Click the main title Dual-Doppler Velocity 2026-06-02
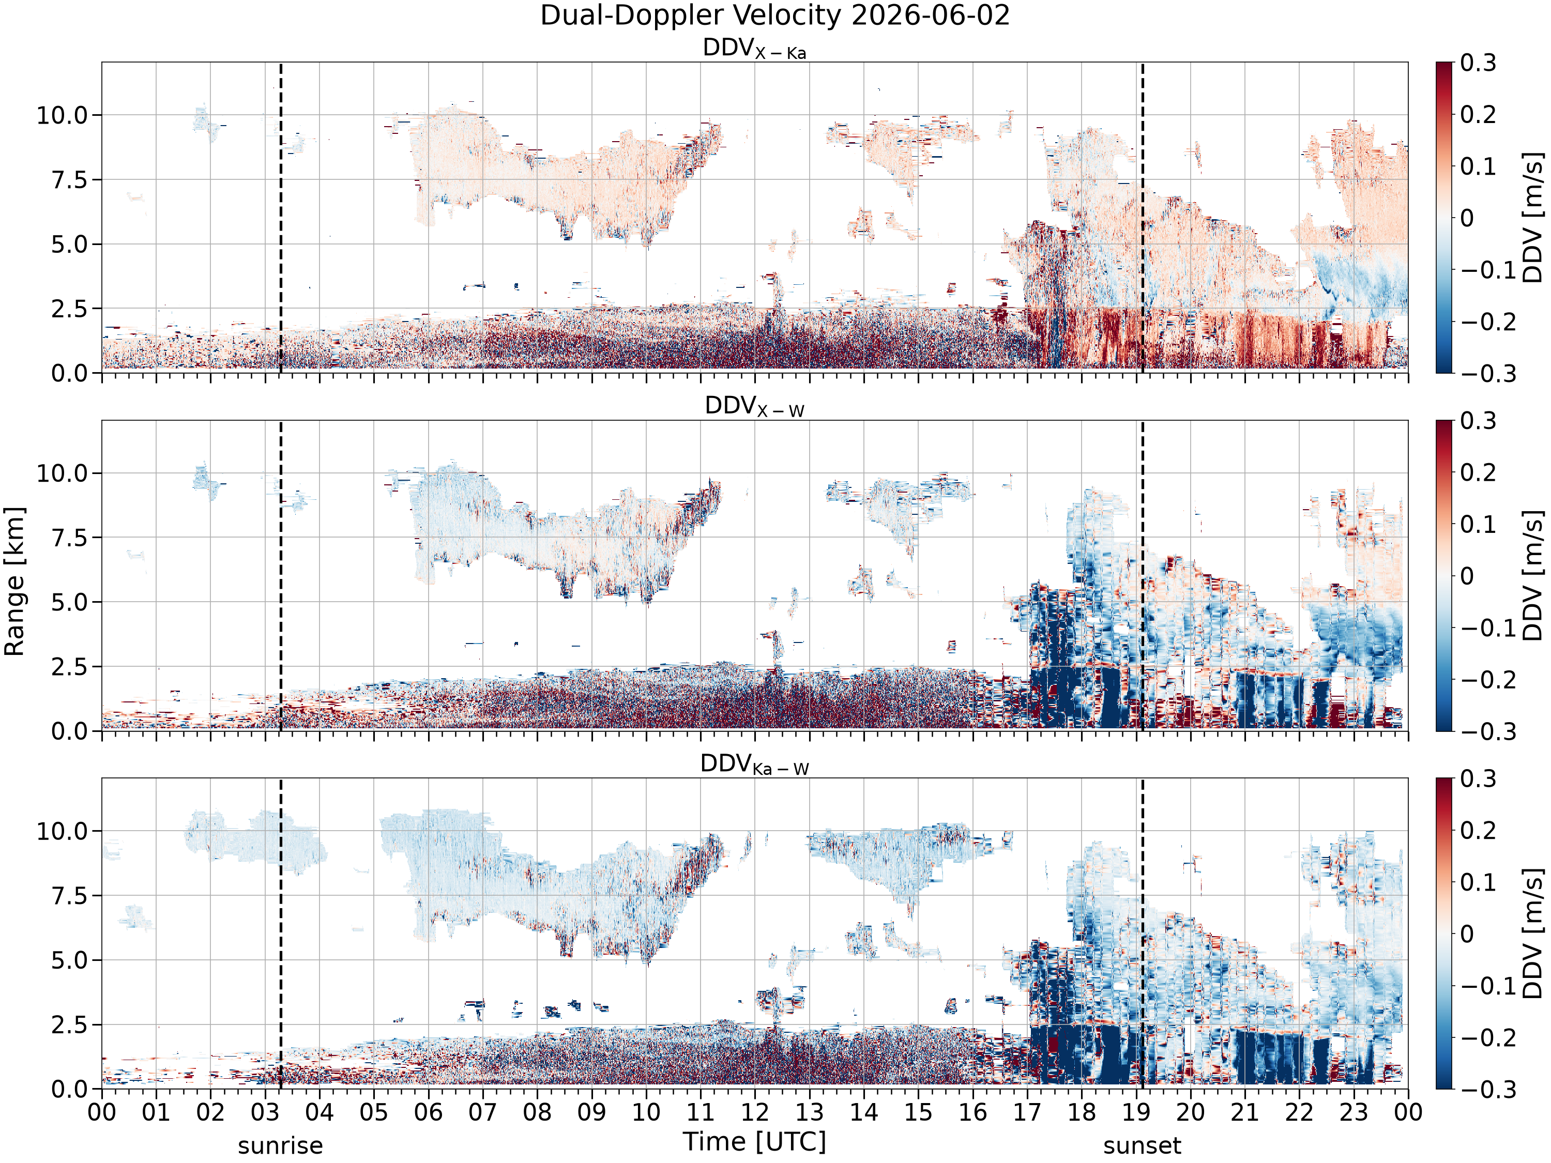coord(775,16)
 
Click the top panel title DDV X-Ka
coord(754,49)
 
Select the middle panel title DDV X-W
coord(754,407)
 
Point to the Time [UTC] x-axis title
coord(754,1141)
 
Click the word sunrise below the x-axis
coord(280,1145)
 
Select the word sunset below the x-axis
coord(1142,1145)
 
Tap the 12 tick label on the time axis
coord(755,1112)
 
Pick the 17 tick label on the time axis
coord(1027,1112)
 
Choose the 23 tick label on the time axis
coord(1354,1112)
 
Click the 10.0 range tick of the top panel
coord(63,115)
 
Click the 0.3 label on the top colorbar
coord(1478,63)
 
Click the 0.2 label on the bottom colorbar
coord(1478,830)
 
